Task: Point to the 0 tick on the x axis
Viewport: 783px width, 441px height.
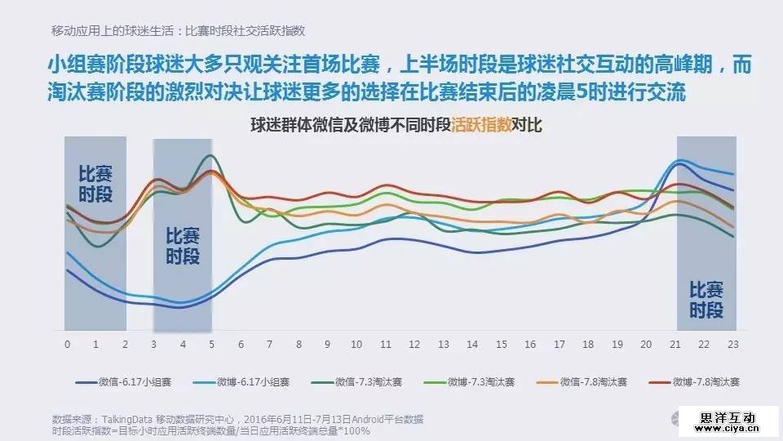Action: pyautogui.click(x=67, y=344)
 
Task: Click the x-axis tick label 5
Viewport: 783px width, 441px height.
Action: pyautogui.click(x=211, y=344)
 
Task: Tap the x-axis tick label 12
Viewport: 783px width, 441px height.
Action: pyautogui.click(x=414, y=344)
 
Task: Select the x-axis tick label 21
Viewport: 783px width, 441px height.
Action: pyautogui.click(x=675, y=344)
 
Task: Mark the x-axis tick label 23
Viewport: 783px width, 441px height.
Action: pyautogui.click(x=733, y=344)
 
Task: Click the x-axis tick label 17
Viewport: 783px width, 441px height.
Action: pyautogui.click(x=560, y=344)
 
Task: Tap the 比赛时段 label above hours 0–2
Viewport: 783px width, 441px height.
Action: pyautogui.click(x=95, y=185)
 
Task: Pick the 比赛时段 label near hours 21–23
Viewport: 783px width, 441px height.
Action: pyautogui.click(x=706, y=300)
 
